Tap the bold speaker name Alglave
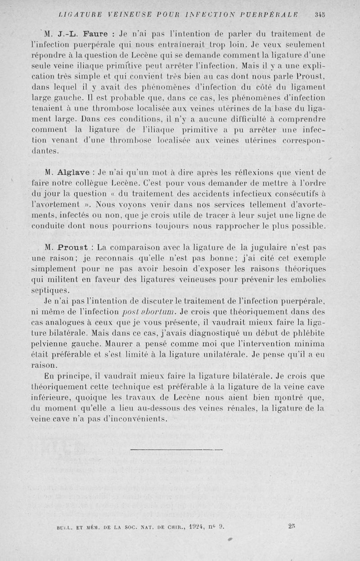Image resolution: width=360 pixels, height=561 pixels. click(74, 172)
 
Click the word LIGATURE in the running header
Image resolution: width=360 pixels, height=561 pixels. click(78, 14)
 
